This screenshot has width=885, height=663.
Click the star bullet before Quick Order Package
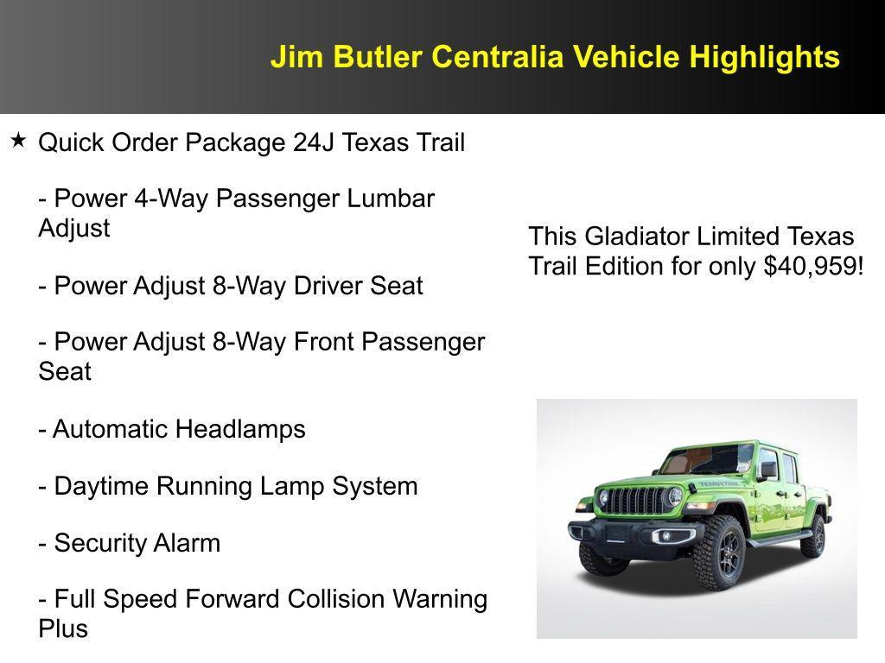click(x=18, y=139)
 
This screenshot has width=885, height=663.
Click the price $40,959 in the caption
click(x=812, y=266)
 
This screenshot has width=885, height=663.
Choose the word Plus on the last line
click(x=63, y=628)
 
